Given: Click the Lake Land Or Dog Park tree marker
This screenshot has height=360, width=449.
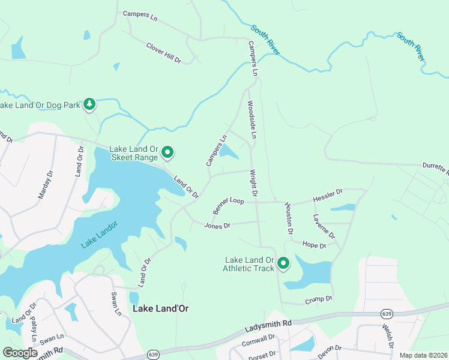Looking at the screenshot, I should click(x=89, y=104).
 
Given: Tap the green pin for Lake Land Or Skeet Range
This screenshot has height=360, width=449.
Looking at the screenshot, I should click(x=168, y=154).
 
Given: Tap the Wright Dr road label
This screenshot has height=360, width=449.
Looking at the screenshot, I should click(x=253, y=184).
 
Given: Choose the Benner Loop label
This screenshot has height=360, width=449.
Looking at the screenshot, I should click(x=229, y=206).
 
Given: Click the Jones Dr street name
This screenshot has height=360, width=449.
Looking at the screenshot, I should click(x=217, y=226).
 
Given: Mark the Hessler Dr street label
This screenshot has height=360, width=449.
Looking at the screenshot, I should click(x=327, y=194).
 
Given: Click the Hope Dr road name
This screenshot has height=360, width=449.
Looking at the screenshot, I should click(x=314, y=245).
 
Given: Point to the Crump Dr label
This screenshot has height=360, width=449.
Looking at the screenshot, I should click(x=318, y=299).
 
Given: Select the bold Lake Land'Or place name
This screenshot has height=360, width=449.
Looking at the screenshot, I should click(x=160, y=308).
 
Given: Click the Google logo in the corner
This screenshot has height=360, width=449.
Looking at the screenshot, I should click(x=20, y=353).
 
